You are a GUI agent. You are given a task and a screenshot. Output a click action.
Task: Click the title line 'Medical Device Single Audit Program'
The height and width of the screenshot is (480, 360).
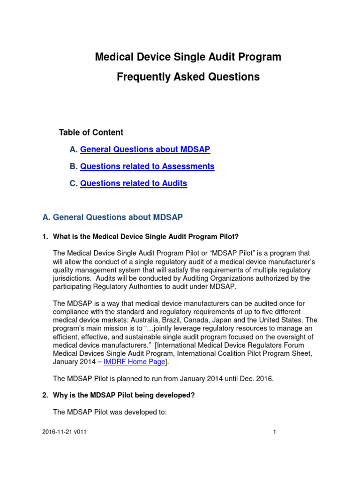point(188,57)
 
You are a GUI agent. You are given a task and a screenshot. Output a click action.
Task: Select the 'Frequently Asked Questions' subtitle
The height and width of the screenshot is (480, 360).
point(188,77)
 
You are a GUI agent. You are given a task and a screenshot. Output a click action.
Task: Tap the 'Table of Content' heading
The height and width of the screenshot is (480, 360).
point(91,133)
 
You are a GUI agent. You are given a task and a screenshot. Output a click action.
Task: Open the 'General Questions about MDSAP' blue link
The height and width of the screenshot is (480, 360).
point(145,150)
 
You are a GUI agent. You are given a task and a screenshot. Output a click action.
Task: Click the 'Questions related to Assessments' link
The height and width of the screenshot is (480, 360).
point(147,166)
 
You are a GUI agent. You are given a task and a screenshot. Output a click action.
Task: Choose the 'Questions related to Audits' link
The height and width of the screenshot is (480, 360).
point(134,184)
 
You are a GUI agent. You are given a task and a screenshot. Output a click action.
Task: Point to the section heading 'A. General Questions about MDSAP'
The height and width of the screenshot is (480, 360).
point(112,217)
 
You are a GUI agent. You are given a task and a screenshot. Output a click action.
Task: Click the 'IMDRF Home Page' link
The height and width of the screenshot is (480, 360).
point(134,362)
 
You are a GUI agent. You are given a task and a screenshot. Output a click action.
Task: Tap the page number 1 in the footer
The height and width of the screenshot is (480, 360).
point(275,432)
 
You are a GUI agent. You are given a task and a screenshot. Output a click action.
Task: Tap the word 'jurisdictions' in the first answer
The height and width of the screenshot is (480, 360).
point(75,278)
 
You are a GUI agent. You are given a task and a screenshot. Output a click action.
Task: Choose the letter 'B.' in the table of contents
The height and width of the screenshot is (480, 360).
point(74,166)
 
